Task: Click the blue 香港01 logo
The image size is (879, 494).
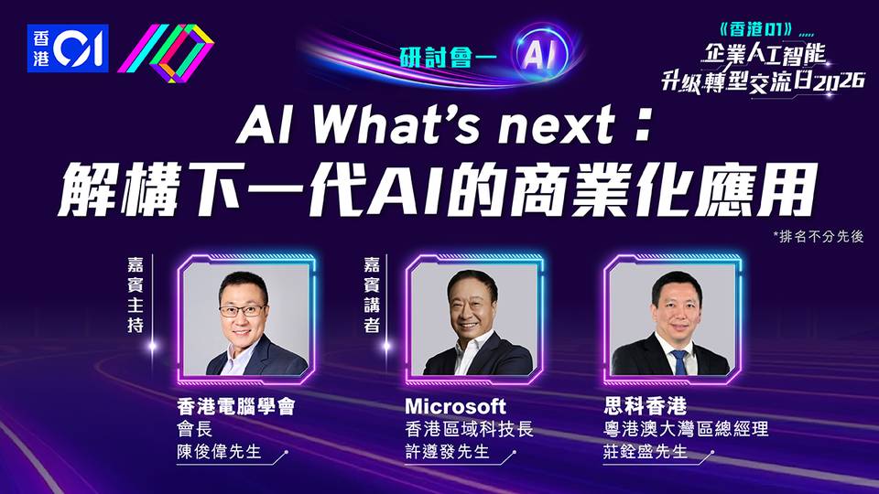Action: [x=68, y=48]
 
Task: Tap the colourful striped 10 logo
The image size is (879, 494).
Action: [x=166, y=53]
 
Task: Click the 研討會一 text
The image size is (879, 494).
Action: [x=448, y=58]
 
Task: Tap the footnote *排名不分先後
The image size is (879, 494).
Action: [x=819, y=236]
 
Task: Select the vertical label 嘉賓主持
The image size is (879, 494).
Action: [x=136, y=295]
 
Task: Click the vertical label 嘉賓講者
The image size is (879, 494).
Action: [x=371, y=295]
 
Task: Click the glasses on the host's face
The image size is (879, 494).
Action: [x=243, y=310]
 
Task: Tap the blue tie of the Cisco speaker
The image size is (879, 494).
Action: [x=679, y=362]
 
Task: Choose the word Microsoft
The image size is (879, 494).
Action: [x=455, y=406]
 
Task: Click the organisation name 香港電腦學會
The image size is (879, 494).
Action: [x=236, y=406]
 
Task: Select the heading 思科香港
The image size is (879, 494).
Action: [x=646, y=406]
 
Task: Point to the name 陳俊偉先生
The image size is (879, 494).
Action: [x=219, y=451]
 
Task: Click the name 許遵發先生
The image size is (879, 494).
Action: [x=448, y=451]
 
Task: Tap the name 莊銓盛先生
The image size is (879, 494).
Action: [x=646, y=451]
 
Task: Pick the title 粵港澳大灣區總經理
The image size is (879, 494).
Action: [x=686, y=429]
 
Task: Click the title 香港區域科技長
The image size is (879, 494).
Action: [x=469, y=429]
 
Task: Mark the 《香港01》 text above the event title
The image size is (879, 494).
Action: [x=757, y=29]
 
